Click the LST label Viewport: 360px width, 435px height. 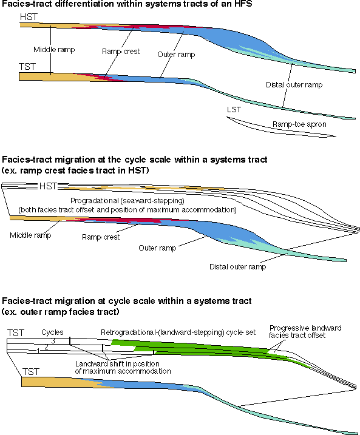coord(234,110)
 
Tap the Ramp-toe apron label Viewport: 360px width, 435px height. coord(299,124)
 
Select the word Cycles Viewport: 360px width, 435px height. coord(52,332)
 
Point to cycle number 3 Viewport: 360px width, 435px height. coord(53,341)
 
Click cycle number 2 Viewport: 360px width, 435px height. coord(46,347)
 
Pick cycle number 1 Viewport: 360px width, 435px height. coord(38,351)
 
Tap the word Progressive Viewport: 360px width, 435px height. coord(286,328)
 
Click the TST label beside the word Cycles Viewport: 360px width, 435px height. coord(16,332)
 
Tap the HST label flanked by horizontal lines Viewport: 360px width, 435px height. coord(48,186)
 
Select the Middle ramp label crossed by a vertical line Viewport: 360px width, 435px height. coord(54,50)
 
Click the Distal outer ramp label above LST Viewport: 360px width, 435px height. coord(294,84)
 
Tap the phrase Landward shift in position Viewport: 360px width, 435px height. coord(117,363)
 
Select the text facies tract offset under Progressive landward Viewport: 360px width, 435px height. coord(297,336)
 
